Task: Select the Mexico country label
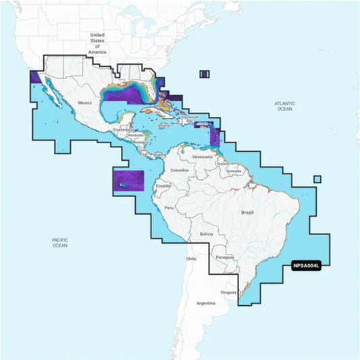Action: (84, 102)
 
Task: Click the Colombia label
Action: (179, 170)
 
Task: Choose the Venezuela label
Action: (203, 157)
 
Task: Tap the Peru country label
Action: (169, 207)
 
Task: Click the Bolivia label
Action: (206, 234)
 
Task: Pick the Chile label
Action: (191, 258)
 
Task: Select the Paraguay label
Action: (225, 257)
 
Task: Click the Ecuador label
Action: (163, 186)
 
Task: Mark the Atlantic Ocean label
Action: (284, 105)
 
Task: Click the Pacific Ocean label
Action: (60, 242)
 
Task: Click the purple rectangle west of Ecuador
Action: (129, 180)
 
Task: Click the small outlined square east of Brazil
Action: (317, 179)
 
